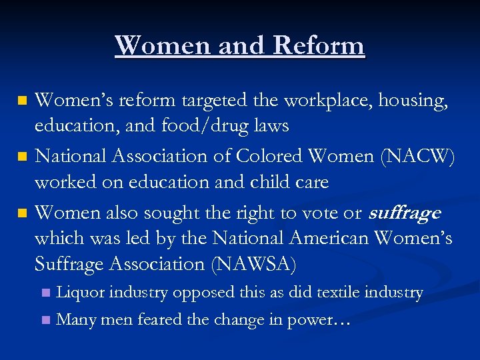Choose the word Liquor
point(80,292)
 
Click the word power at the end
point(311,321)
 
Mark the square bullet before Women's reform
point(22,101)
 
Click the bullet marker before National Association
point(22,156)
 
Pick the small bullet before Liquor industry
point(45,293)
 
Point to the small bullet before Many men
point(45,320)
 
